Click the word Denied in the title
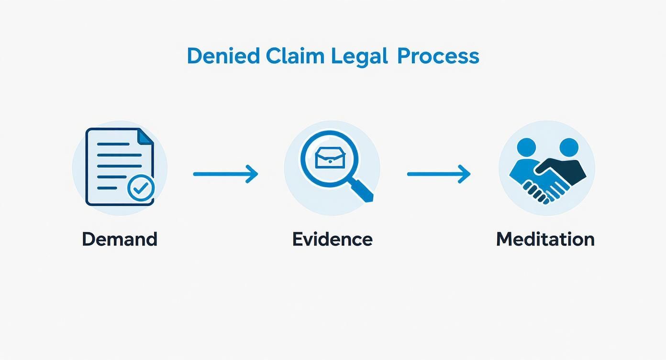tap(222, 56)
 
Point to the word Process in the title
tap(438, 56)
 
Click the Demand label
tap(119, 239)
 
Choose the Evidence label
tap(332, 239)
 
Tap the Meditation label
tap(545, 239)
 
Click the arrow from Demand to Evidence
tap(225, 174)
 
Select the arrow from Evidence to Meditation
tap(438, 174)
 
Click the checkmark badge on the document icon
tap(141, 189)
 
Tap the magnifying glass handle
tap(363, 191)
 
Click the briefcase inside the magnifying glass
tap(330, 159)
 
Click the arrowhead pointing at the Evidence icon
tap(253, 174)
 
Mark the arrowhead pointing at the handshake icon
tap(465, 174)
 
